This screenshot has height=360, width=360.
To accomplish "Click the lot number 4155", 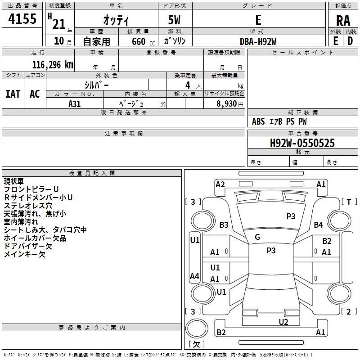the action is coord(22,18).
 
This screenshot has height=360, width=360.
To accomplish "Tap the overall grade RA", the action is coord(343,21).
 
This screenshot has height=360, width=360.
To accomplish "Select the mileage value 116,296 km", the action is coord(53,65).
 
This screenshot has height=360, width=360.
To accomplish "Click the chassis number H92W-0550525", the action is coord(302,143).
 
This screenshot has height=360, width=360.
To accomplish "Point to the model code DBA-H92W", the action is coord(258,41).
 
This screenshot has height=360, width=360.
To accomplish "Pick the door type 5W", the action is coord(174,20).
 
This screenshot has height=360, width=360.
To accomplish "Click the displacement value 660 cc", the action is coord(143,41).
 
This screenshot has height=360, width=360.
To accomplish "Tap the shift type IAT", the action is coord(13,94).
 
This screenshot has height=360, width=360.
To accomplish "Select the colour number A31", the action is coord(74,104).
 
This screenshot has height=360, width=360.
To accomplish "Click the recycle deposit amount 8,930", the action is coord(226,103).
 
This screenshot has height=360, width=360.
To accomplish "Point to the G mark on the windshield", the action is coord(257,237).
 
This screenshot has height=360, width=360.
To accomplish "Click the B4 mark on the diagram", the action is coord(319,225).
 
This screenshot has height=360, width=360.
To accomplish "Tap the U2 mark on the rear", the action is coord(283,322).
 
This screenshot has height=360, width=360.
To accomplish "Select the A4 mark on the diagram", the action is coord(194,276).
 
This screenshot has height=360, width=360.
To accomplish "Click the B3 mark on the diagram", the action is coord(224,225).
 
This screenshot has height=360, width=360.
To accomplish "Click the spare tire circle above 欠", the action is coord(197,328).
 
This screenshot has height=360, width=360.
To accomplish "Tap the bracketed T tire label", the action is coord(349,202).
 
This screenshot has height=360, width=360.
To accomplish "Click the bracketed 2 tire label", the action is coord(349,311).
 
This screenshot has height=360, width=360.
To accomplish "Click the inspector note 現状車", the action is coord(14,181).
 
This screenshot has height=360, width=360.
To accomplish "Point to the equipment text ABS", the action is coord(258,121).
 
